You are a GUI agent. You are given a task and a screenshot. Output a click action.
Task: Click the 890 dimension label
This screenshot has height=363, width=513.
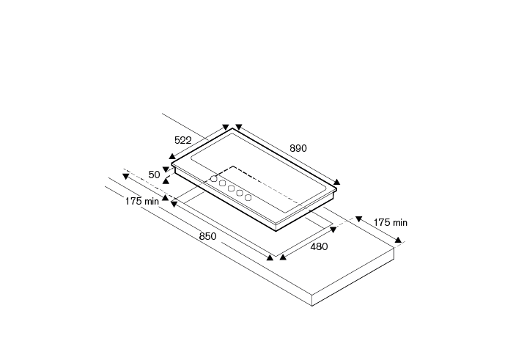point(298,148)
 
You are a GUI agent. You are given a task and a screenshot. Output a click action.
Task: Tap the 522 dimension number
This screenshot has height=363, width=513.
point(184,139)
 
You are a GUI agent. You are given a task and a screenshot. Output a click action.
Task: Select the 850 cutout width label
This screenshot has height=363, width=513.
point(207,236)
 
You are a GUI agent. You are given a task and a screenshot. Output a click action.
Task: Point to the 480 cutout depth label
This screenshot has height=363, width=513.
point(319,246)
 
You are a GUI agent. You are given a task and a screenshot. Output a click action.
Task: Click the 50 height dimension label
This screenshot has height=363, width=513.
point(154,175)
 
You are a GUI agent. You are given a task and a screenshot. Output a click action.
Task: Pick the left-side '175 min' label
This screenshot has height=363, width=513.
point(141,201)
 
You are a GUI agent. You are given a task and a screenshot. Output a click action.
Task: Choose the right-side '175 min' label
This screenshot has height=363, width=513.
point(390,222)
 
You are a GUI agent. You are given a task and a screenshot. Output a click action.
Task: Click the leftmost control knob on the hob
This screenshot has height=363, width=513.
point(213,178)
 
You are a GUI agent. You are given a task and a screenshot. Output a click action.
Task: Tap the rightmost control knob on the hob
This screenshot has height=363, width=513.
point(248,197)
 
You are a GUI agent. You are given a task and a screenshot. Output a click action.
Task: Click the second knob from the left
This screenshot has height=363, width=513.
point(222,183)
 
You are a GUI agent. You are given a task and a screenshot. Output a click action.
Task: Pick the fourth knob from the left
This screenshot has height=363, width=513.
point(239,193)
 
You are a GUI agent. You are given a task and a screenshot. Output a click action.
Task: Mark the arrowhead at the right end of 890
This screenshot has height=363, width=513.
point(337,182)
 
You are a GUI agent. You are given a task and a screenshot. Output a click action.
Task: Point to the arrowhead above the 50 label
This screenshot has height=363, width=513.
point(166,169)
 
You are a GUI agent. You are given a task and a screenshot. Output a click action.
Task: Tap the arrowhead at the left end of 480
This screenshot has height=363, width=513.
point(280,257)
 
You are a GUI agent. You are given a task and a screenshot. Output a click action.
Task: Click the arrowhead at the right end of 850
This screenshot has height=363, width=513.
point(270,257)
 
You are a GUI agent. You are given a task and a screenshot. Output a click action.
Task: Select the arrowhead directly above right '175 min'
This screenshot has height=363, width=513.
point(359,218)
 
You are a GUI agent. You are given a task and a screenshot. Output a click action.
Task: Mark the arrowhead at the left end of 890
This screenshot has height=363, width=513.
point(237,126)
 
